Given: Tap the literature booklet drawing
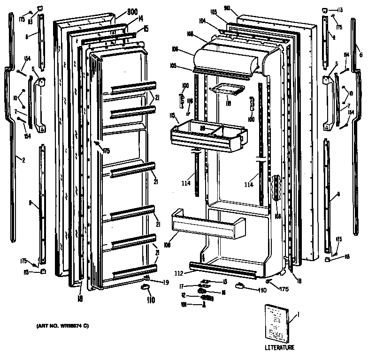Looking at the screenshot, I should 277,323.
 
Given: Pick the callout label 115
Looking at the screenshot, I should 172,115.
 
